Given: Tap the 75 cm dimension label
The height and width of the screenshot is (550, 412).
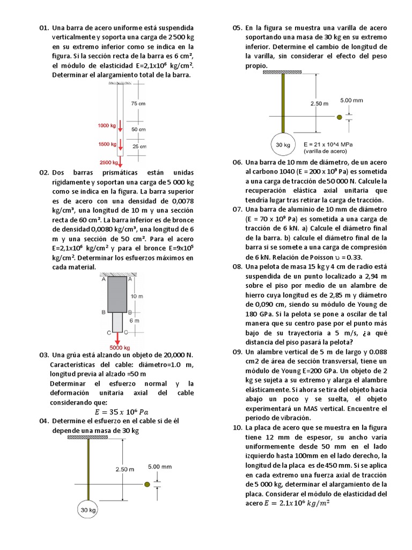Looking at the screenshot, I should pos(138,103).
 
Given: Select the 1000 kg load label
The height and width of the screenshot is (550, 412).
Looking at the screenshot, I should pos(107,126).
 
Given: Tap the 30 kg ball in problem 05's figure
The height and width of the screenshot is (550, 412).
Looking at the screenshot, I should pos(283,144).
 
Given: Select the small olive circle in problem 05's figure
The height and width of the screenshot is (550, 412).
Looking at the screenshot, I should pos(339,117).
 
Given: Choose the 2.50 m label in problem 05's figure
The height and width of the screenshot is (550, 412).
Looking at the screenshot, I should pos(320,103).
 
